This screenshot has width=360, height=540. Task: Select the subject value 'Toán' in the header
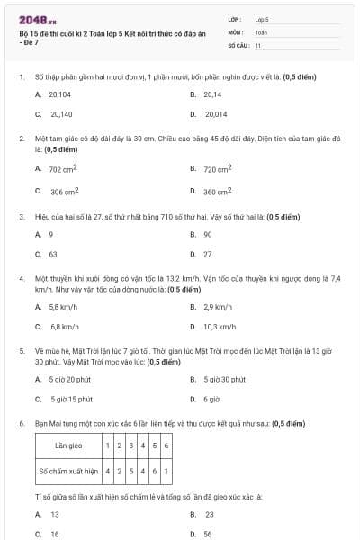click(x=261, y=31)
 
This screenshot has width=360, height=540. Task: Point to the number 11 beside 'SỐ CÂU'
click(x=258, y=44)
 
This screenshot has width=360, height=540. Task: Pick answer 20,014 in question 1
click(x=216, y=114)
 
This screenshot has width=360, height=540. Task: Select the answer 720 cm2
click(x=217, y=168)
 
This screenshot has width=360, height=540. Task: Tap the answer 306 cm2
click(x=64, y=191)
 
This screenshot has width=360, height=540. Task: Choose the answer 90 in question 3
click(x=208, y=234)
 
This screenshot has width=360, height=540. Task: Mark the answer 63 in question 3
click(x=53, y=254)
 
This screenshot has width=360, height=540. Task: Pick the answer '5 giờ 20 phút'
click(x=69, y=379)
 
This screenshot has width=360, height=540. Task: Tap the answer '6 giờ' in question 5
click(x=211, y=399)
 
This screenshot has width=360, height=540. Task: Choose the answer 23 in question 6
click(x=209, y=514)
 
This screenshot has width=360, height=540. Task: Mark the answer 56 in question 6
click(x=208, y=534)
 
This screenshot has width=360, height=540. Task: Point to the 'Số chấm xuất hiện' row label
click(x=68, y=470)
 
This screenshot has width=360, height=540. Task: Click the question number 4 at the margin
click(x=21, y=279)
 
